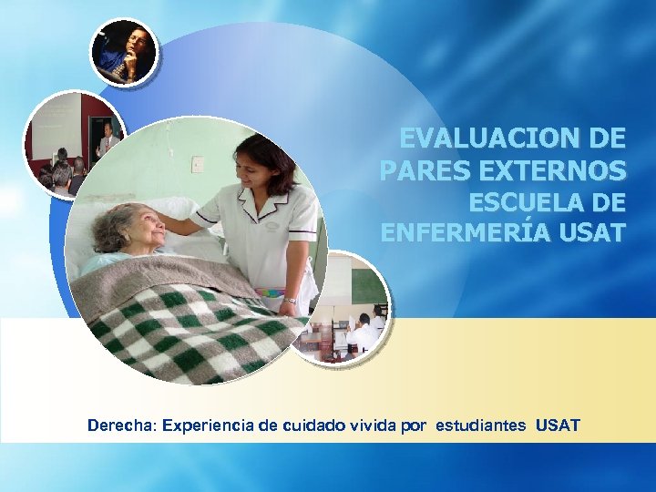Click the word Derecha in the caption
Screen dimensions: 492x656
pyautogui.click(x=119, y=425)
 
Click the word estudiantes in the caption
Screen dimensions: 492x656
pyautogui.click(x=482, y=425)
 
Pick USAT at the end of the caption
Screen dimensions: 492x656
pyautogui.click(x=558, y=425)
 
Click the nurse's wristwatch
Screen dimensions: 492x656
pyautogui.click(x=290, y=300)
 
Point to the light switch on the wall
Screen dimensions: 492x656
pyautogui.click(x=198, y=164)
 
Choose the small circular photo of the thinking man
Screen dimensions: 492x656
pyautogui.click(x=124, y=52)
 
